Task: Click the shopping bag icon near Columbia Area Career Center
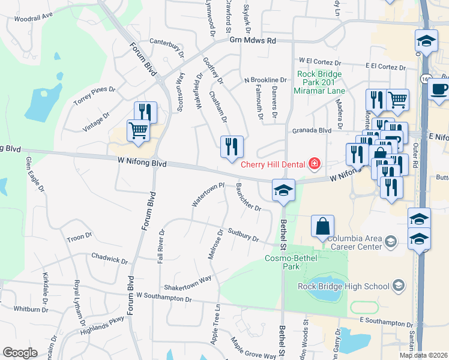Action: click(x=322, y=227)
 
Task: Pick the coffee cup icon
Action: click(x=439, y=89)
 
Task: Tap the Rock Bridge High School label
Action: click(x=343, y=286)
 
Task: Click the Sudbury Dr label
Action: click(x=243, y=235)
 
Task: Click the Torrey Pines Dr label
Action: click(x=94, y=94)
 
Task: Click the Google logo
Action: click(x=20, y=353)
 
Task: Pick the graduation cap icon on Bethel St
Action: click(x=283, y=190)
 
